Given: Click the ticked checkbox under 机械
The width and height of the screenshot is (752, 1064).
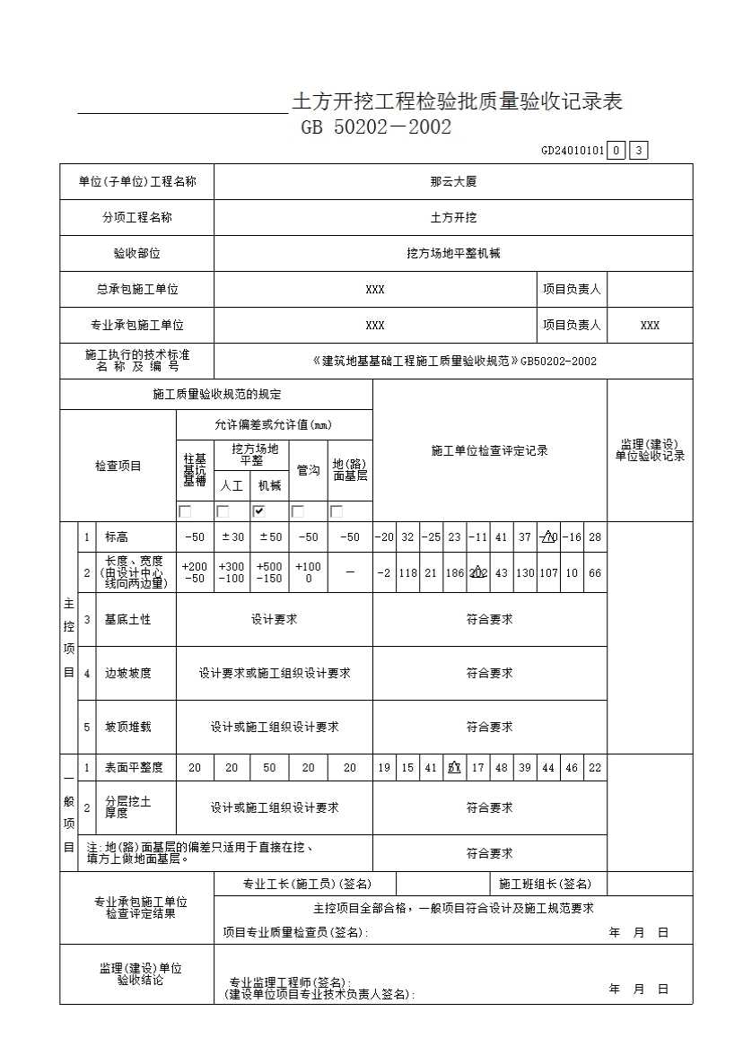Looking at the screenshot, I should click(x=259, y=511).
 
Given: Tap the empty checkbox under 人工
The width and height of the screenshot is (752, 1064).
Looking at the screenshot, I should click(x=223, y=511).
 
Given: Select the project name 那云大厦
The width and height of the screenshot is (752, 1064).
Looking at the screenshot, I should click(x=453, y=181).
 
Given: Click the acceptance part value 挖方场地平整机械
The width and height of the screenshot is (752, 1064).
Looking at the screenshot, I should click(x=453, y=254).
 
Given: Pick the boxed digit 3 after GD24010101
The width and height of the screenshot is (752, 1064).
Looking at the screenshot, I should click(x=638, y=151).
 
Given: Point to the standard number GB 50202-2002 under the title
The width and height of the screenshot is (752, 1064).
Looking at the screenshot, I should click(x=376, y=127).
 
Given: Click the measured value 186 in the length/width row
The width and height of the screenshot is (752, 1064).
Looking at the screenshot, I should click(x=454, y=573).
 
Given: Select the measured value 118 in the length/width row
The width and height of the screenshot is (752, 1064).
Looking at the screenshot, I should click(x=407, y=573).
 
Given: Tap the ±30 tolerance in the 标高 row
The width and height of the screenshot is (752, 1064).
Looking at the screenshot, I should click(x=232, y=537).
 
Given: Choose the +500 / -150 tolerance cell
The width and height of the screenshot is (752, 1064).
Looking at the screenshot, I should click(x=269, y=573).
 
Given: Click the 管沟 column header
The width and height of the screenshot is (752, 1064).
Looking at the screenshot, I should click(x=309, y=470).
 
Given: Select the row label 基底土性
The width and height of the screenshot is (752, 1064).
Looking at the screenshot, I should click(x=127, y=619).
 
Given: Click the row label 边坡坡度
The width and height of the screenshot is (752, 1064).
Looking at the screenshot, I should click(x=127, y=673).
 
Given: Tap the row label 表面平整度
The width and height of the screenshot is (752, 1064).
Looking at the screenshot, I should click(x=134, y=767).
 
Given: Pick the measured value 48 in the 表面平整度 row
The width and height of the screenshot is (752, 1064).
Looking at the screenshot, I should click(x=501, y=768).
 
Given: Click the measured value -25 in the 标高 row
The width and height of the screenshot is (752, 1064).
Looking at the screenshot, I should click(x=431, y=537).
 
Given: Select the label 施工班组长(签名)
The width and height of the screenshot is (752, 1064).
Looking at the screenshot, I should click(x=545, y=884).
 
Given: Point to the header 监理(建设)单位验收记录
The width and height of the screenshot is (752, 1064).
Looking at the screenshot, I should click(x=650, y=450).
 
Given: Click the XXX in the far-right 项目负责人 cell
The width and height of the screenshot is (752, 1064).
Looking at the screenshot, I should click(x=650, y=326).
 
